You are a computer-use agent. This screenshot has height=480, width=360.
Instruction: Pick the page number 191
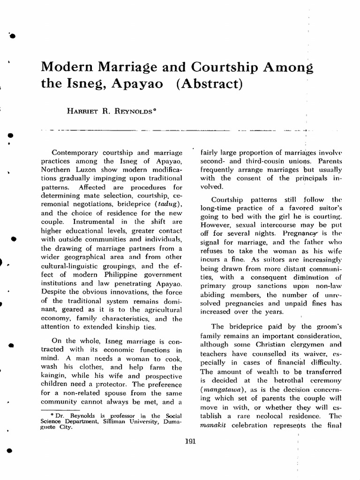pos(190,441)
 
